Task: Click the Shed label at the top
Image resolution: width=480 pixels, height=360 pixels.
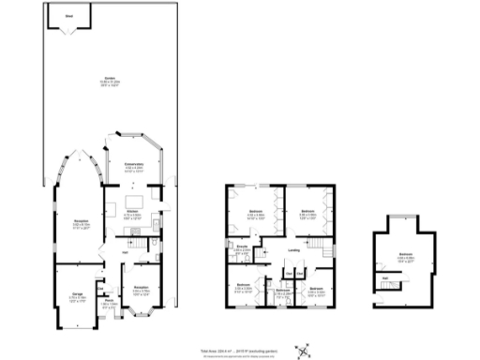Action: click(69, 16)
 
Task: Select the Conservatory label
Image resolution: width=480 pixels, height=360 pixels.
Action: click(133, 165)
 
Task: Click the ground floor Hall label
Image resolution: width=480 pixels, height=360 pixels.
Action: click(124, 251)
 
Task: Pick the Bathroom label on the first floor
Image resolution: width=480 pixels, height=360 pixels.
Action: click(281, 292)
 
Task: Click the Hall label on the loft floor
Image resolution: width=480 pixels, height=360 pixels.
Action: click(384, 278)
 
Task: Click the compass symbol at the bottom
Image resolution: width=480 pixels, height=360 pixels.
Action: click(303, 351)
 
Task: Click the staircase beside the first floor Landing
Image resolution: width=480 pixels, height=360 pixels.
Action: click(323, 247)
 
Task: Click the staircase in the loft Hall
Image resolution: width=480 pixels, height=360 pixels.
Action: click(386, 289)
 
